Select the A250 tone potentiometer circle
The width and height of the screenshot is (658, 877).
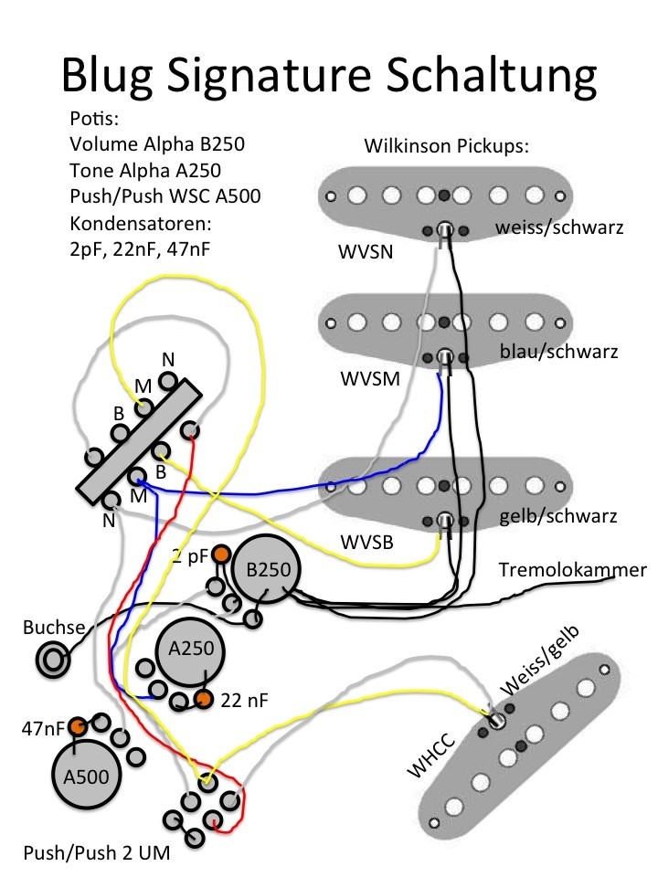click(x=191, y=650)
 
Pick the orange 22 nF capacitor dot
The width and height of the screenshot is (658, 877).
click(x=203, y=700)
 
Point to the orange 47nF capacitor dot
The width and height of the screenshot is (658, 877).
click(x=78, y=727)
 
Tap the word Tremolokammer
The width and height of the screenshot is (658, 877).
click(x=572, y=570)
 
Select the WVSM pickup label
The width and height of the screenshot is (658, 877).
click(x=368, y=378)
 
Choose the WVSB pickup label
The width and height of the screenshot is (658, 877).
click(x=366, y=542)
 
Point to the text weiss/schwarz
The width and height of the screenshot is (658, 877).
click(x=559, y=227)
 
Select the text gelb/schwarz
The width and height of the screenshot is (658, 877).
click(x=558, y=516)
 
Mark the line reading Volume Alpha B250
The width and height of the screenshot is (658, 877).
click(x=157, y=144)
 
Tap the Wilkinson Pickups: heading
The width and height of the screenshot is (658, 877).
click(x=447, y=146)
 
